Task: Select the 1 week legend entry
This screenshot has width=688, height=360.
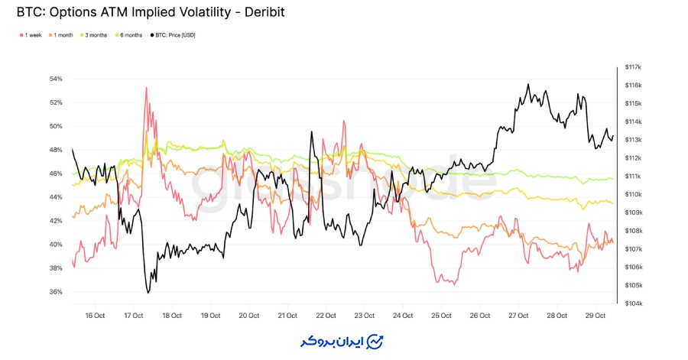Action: click(30, 35)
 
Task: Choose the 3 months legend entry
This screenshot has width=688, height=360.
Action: click(95, 35)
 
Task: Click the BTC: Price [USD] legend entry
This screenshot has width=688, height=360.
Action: click(174, 35)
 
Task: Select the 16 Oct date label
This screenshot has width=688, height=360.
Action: click(95, 315)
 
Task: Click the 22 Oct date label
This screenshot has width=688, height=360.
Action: click(326, 315)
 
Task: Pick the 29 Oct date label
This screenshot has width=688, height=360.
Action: click(596, 315)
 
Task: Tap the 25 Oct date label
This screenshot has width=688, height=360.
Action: click(442, 315)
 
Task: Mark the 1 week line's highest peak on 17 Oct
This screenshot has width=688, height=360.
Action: click(145, 87)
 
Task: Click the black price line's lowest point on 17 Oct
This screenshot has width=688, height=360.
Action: click(148, 293)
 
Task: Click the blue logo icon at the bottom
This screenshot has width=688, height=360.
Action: click(375, 340)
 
